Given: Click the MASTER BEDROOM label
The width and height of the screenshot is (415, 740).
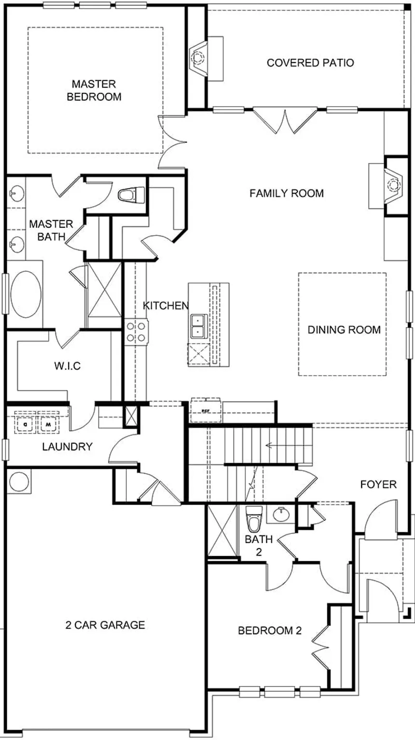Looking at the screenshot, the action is [x=94, y=90].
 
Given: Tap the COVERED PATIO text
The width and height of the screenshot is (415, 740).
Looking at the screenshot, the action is [x=310, y=63].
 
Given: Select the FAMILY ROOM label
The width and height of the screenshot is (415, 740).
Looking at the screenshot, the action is [x=287, y=193].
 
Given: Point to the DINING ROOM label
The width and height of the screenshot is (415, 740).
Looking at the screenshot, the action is [x=344, y=330].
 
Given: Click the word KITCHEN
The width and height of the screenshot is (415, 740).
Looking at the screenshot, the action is [x=166, y=306].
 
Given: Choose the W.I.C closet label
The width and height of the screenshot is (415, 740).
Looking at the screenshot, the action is [x=68, y=366].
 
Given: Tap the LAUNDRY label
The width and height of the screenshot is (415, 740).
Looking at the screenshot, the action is [x=68, y=447].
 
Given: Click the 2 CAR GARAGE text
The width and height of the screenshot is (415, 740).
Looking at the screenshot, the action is [x=105, y=625].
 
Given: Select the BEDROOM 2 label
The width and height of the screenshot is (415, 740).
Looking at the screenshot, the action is [x=270, y=630].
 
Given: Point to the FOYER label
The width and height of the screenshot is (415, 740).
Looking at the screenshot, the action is [x=378, y=485].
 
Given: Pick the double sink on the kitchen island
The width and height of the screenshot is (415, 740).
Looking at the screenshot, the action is [x=199, y=326].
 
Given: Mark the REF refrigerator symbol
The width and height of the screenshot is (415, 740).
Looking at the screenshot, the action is [x=206, y=410].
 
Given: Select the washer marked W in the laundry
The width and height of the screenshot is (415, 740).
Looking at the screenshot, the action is [x=48, y=423].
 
